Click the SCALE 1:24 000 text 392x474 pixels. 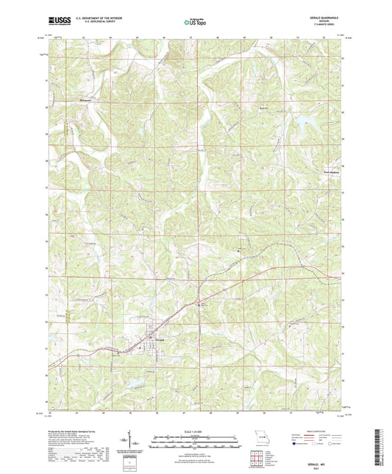[196, 431]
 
